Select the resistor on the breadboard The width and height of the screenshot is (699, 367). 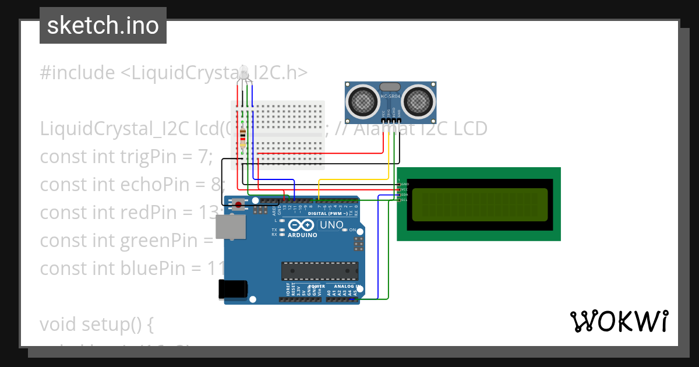[242, 138]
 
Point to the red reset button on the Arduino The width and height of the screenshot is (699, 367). [238, 204]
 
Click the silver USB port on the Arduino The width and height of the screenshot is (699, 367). [230, 227]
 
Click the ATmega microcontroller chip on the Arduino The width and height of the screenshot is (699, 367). [319, 270]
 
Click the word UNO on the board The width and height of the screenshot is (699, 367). [332, 225]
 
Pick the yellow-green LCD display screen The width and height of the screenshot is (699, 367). [480, 204]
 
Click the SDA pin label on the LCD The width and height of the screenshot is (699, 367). [404, 195]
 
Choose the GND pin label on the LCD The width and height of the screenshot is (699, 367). [404, 184]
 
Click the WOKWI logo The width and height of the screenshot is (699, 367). [619, 321]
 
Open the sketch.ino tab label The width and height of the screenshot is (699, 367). [103, 26]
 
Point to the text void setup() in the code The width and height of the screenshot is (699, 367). [97, 324]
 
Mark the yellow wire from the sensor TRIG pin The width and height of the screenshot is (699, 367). [389, 157]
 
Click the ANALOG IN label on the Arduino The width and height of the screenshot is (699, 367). [346, 287]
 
